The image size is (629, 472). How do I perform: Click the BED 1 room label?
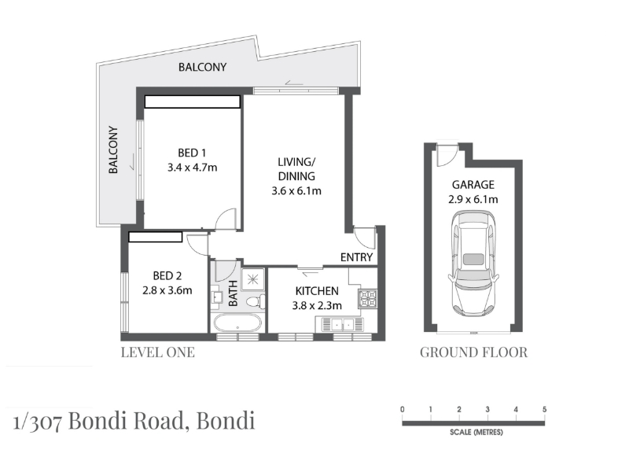click(x=192, y=153)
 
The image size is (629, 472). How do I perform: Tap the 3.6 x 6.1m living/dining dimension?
click(x=296, y=190)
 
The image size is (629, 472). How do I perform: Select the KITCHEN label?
click(x=317, y=291)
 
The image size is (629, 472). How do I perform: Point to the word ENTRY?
click(x=357, y=257)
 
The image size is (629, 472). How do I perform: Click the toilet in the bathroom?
click(x=255, y=301)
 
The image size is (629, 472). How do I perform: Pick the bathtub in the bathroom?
click(x=237, y=323)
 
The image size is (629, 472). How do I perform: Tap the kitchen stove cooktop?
click(x=368, y=299)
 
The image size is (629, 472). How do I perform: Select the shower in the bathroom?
click(x=252, y=279)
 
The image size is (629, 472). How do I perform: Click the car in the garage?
click(x=473, y=264)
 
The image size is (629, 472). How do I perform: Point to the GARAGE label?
click(x=473, y=185)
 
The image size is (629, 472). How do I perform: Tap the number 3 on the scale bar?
click(x=487, y=409)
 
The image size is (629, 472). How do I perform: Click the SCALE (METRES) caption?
click(x=476, y=432)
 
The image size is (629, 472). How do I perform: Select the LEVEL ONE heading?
click(x=158, y=352)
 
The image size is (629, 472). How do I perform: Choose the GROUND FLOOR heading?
click(x=474, y=352)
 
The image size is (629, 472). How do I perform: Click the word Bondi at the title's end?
click(x=226, y=421)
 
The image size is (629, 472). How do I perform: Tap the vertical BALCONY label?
click(x=113, y=149)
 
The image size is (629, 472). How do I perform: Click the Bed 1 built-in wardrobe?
click(x=193, y=101)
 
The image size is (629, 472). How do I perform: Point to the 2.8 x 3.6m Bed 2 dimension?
click(x=167, y=290)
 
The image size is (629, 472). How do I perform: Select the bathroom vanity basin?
click(x=218, y=297)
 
